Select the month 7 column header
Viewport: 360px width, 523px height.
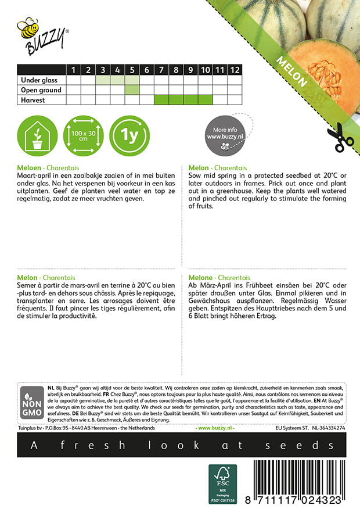(x=161, y=70)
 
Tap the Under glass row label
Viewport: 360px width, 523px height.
(x=41, y=80)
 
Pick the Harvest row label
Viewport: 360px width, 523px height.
(x=33, y=100)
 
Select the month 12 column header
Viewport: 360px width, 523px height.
(x=234, y=70)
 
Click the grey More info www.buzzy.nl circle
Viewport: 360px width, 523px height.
(x=224, y=137)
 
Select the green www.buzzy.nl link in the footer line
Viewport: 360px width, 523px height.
(x=215, y=428)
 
